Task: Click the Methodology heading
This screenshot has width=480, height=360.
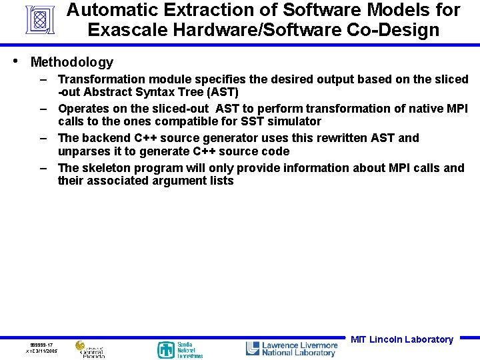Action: tap(72, 62)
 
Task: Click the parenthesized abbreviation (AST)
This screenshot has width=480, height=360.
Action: tap(221, 92)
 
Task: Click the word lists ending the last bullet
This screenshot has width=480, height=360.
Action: tap(219, 181)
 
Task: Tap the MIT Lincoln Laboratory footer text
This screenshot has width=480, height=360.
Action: tap(401, 339)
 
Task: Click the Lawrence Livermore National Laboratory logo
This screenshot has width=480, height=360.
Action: tap(291, 349)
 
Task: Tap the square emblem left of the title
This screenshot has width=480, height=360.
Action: tap(39, 20)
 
